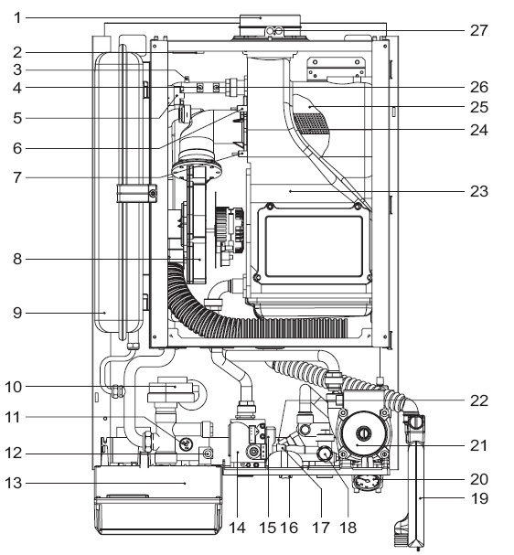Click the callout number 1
coord(17,17)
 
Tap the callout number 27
coord(479,31)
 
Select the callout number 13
coord(14,483)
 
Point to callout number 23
coord(479,191)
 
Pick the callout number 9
coord(17,313)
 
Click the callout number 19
coord(480,498)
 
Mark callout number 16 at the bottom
coord(289,528)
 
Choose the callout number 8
coord(17,259)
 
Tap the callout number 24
coord(479,130)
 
